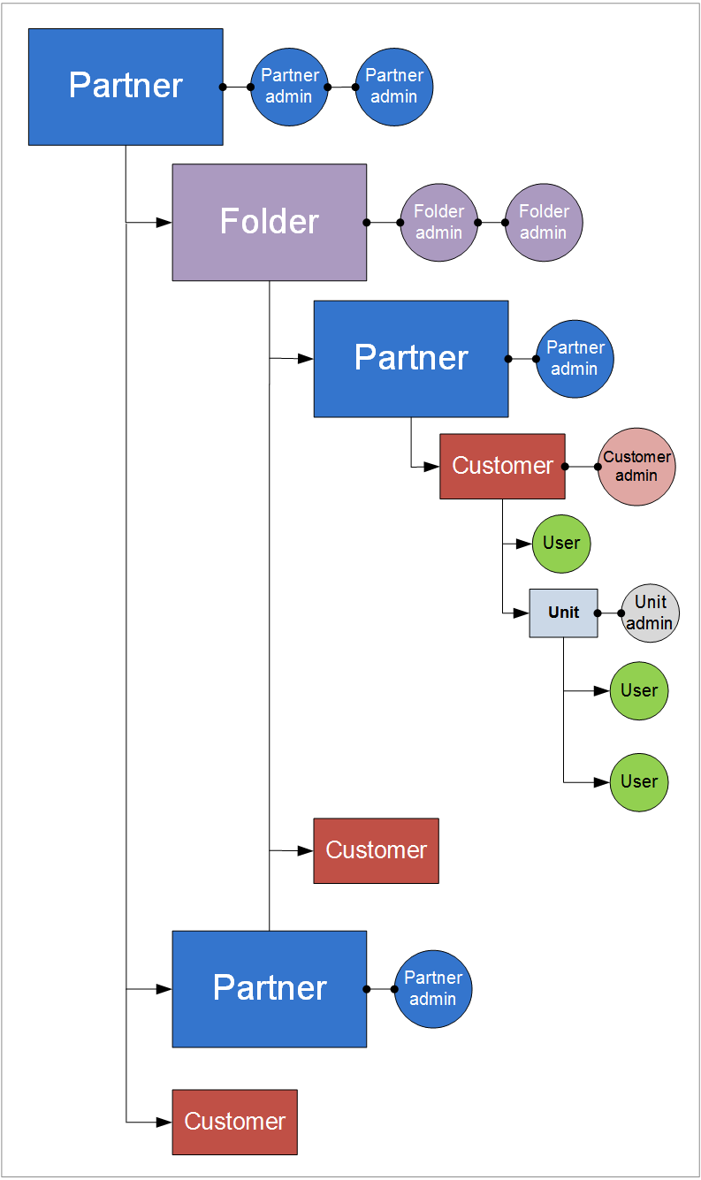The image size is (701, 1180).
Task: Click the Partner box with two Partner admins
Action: (x=126, y=87)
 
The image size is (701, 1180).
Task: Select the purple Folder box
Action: (x=269, y=222)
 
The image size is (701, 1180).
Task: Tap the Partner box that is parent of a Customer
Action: (x=410, y=358)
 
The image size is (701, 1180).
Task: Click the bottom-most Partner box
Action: (x=269, y=988)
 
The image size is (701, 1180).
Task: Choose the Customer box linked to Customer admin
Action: (x=502, y=466)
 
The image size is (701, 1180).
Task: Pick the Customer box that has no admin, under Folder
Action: (x=376, y=850)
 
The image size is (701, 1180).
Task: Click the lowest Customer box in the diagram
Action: (x=234, y=1122)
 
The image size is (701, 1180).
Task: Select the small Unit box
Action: (x=563, y=613)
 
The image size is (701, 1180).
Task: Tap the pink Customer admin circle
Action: (x=636, y=467)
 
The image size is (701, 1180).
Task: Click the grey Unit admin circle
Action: (x=650, y=613)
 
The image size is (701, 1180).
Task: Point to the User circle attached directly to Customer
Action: (x=561, y=544)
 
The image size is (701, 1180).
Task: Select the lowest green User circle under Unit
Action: (x=639, y=782)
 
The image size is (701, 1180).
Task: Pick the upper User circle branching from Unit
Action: (x=639, y=690)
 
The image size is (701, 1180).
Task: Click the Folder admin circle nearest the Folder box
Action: (x=438, y=222)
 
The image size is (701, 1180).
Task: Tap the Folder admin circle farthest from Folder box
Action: (x=544, y=222)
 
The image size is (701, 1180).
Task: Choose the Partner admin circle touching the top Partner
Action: (x=289, y=87)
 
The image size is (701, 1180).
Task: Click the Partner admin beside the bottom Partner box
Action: (x=432, y=989)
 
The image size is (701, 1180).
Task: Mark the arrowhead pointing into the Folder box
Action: (x=164, y=223)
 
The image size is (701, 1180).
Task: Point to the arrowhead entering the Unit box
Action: (x=522, y=613)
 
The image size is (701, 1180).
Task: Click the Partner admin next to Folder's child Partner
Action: (x=575, y=359)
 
